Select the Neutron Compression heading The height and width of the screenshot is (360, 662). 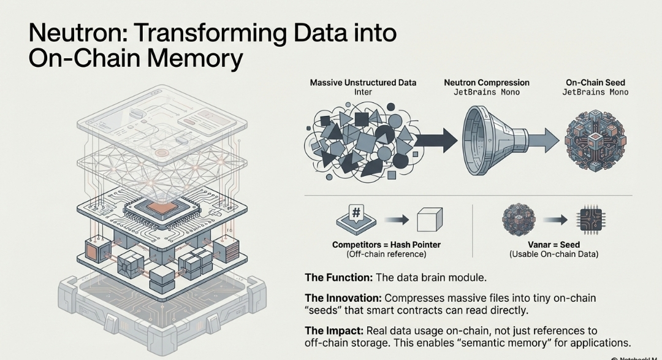point(486,82)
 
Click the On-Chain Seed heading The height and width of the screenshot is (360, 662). point(595,82)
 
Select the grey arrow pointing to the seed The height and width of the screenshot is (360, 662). point(542,140)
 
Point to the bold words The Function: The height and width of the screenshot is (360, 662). point(339,277)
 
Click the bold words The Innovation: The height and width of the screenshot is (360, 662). point(343,298)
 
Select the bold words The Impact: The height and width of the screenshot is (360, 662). point(335,331)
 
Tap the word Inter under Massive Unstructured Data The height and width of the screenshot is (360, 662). point(363,92)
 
